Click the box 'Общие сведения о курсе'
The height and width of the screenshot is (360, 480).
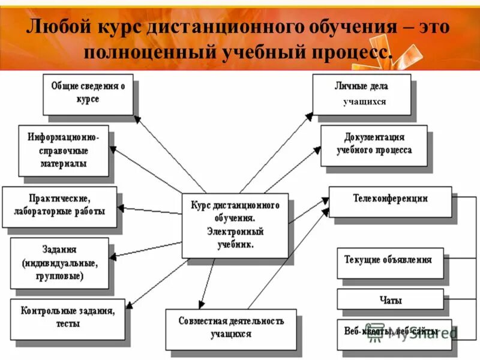(x=88, y=94)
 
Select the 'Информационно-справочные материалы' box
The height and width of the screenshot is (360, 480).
(x=64, y=150)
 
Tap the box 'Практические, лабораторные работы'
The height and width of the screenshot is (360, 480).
(x=59, y=206)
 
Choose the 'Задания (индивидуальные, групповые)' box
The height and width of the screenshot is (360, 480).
(x=59, y=262)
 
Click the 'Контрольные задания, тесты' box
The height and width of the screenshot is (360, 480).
(x=67, y=319)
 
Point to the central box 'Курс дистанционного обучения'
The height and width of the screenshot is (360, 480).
(x=235, y=224)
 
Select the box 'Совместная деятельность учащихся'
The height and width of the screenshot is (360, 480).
(x=231, y=328)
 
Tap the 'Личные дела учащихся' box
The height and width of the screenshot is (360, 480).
(x=361, y=94)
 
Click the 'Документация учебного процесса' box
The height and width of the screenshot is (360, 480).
(x=373, y=145)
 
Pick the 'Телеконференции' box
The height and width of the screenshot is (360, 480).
(x=390, y=201)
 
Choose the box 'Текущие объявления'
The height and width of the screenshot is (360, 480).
(x=390, y=262)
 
